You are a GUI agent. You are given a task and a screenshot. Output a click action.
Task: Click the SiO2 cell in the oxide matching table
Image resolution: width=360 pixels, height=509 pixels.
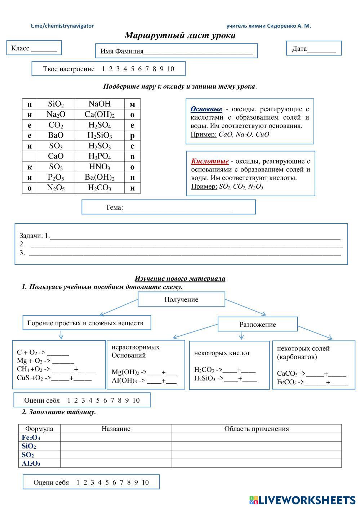(56, 104)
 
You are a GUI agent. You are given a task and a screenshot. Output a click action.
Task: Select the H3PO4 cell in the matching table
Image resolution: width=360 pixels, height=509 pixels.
(99, 156)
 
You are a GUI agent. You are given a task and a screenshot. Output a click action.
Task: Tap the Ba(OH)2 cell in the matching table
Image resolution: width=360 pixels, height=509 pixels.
(99, 177)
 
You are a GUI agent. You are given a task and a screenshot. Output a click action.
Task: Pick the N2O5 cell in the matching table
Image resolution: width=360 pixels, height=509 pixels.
(56, 188)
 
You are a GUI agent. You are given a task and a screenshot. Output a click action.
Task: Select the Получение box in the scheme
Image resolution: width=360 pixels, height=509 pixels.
(181, 299)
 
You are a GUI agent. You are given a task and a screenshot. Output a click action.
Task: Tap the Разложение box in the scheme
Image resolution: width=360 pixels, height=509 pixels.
(258, 324)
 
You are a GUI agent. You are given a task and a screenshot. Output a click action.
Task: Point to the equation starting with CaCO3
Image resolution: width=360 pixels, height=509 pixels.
(311, 374)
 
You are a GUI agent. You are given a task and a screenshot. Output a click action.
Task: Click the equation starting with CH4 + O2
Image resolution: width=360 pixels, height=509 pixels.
(57, 369)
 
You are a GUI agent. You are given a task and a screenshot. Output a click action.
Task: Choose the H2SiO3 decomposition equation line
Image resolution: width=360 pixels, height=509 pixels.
(225, 378)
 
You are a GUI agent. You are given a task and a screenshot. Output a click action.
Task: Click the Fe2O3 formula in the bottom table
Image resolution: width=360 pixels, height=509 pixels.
(31, 438)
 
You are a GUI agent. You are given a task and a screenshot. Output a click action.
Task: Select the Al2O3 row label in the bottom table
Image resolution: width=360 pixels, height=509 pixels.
(31, 464)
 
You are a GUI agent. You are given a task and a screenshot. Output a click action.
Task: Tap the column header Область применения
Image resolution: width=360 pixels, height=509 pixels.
(257, 429)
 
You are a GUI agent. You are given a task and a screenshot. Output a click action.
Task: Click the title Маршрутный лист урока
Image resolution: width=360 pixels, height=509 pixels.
(180, 35)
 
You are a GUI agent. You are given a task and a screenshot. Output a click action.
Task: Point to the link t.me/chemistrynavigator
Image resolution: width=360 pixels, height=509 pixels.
(62, 26)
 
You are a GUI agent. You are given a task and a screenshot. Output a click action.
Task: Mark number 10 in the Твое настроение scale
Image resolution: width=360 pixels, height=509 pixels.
(170, 69)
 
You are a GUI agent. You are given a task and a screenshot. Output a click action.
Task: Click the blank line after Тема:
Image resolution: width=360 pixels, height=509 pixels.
(177, 208)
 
